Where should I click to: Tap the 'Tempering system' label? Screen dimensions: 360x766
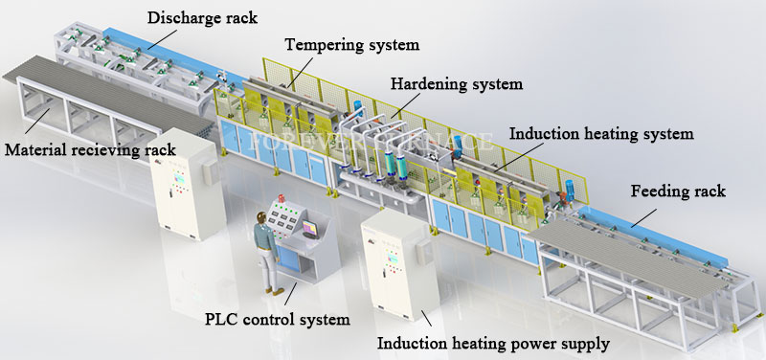tap(351, 45)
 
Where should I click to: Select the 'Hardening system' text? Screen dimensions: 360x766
tap(458, 83)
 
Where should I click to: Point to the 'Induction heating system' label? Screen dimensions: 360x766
tap(600, 134)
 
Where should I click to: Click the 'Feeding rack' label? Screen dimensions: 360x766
tap(678, 191)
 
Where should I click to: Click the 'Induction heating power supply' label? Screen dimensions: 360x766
tap(493, 343)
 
